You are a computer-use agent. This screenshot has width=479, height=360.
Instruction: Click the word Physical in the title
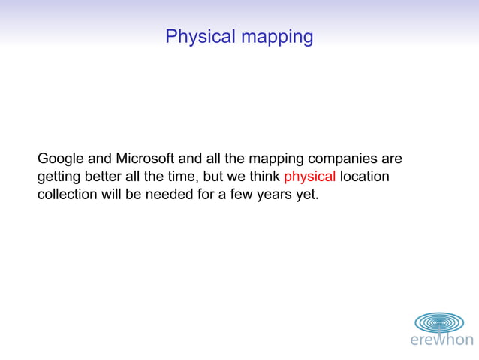click(x=198, y=36)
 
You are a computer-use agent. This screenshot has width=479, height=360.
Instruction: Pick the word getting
click(x=59, y=178)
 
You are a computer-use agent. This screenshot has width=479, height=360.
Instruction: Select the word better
click(x=108, y=177)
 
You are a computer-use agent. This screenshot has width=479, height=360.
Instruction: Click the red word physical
click(x=309, y=178)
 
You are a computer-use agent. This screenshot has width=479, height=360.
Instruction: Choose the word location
click(x=365, y=177)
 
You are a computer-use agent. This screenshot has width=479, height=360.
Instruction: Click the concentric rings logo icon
click(x=439, y=322)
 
